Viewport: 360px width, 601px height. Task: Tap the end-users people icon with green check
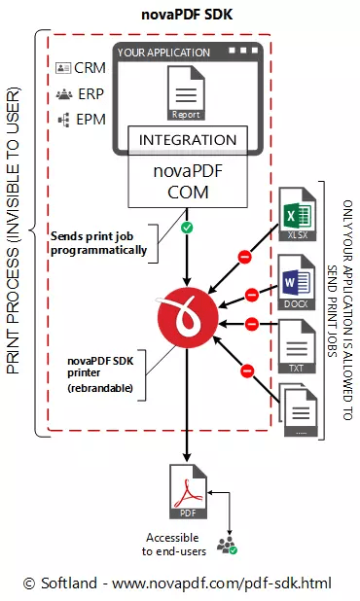228,545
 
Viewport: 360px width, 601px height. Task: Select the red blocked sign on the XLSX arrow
247,257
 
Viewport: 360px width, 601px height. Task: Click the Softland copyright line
177,583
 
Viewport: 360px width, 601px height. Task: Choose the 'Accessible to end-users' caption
171,544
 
